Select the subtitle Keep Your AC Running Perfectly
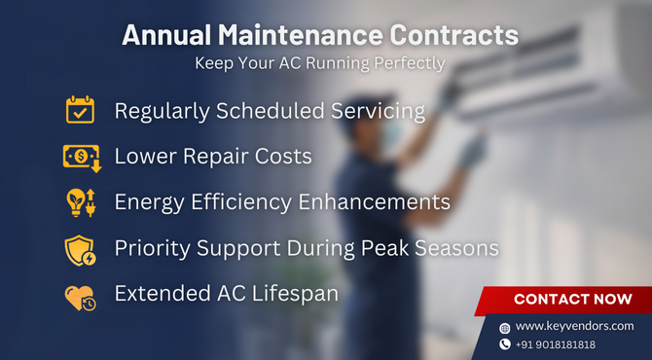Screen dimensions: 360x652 320,64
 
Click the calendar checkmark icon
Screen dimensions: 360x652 80,110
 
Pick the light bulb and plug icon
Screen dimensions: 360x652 80,202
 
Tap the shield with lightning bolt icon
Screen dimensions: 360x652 80,249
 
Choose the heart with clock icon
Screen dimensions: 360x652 80,296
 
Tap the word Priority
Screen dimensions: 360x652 153,248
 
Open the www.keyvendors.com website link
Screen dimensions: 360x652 574,326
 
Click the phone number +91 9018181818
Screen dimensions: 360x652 557,344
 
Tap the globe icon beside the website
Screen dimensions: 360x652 504,328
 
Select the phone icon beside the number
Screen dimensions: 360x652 504,344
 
